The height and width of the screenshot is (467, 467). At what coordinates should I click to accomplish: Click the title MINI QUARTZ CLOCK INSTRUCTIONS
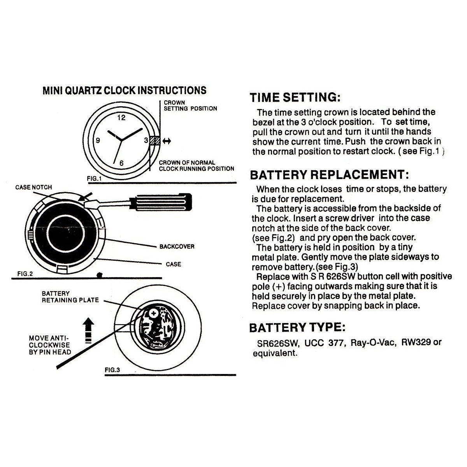124,91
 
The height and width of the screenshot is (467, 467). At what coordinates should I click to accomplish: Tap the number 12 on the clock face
121,118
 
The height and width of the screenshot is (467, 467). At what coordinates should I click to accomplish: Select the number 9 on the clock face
98,140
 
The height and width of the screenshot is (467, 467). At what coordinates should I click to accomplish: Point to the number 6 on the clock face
121,163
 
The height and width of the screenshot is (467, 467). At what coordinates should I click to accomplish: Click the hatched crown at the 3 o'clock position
155,140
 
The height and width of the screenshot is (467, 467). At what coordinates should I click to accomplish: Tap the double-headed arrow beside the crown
167,141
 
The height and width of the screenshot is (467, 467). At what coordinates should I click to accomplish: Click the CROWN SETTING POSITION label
190,106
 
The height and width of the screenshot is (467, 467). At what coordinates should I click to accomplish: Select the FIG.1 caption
94,179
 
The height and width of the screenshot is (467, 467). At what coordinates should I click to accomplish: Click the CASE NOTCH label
33,188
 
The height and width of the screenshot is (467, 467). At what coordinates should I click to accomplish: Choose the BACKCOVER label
177,247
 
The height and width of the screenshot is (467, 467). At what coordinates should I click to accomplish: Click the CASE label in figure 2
173,265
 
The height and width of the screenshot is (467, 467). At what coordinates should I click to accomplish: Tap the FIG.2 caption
25,274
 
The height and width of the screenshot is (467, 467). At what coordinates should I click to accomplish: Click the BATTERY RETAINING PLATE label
70,297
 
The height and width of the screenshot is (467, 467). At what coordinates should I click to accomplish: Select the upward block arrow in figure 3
89,330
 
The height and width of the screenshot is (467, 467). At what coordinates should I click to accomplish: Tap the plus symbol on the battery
153,313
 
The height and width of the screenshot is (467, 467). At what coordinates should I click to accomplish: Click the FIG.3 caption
112,370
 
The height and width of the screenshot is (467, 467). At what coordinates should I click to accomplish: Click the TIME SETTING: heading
295,97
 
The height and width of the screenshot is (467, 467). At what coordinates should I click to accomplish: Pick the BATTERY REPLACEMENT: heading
329,175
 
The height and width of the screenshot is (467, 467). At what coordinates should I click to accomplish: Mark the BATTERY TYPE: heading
297,328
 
